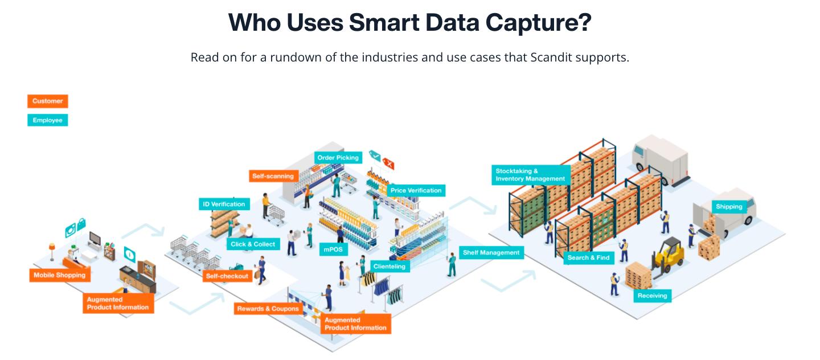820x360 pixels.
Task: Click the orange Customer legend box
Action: [48, 101]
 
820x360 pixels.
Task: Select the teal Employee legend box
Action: [48, 120]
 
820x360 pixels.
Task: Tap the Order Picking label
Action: [338, 158]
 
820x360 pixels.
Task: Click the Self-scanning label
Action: [273, 176]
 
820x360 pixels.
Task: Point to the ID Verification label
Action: [224, 204]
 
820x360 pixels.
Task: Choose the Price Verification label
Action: [416, 190]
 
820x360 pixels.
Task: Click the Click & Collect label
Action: [253, 244]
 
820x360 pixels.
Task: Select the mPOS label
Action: [334, 249]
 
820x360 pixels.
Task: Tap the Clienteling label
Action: [389, 266]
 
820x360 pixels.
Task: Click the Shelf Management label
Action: [491, 252]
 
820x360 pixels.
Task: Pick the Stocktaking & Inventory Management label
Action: [531, 175]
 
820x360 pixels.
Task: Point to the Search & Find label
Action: [589, 257]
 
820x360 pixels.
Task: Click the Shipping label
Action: [729, 207]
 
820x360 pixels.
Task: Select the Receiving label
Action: [653, 296]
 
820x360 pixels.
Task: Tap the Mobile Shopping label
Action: [60, 275]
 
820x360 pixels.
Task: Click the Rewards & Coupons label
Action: [268, 308]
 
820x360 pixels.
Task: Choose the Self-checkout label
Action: [227, 276]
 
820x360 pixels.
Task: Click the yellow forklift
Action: [668, 256]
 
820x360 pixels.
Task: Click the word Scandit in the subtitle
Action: [551, 58]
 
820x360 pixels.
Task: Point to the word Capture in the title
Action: [539, 23]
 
